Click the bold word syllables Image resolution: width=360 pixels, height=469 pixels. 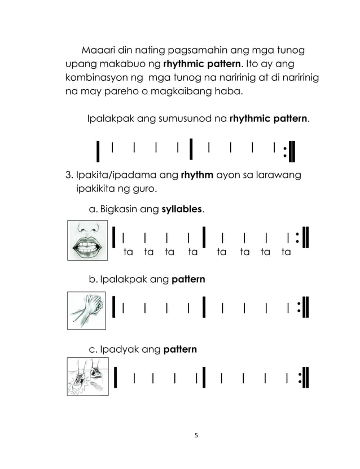pos(183,209)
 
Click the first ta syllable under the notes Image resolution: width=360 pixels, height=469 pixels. pos(128,252)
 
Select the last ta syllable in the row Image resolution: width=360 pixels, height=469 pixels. pos(286,252)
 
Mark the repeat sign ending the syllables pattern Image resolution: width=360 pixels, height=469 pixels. pos(302,236)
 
